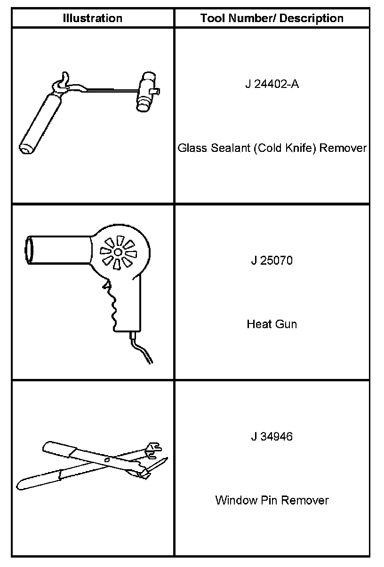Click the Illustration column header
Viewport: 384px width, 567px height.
(93, 18)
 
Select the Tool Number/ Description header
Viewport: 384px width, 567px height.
(272, 18)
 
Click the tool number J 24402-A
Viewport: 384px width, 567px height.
(272, 85)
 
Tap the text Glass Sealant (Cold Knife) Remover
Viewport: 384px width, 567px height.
(272, 148)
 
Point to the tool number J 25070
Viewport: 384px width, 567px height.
(272, 260)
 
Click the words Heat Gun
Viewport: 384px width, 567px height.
(272, 324)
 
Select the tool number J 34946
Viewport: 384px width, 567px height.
(272, 436)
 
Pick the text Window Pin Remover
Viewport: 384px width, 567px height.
(272, 500)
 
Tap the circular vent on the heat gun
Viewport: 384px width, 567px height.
(118, 252)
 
